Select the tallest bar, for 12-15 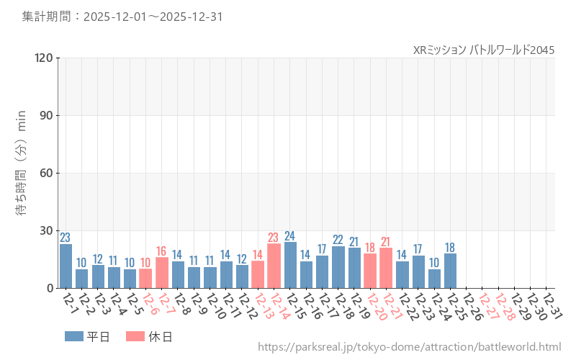coord(290,265)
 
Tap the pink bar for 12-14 coord(274,266)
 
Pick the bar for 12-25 coord(451,271)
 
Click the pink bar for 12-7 coord(162,273)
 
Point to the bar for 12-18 coord(338,267)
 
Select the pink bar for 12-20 coord(370,271)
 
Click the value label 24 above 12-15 coord(290,235)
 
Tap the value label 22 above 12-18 coord(338,240)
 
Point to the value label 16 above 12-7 coord(162,251)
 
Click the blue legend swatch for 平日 coord(73,336)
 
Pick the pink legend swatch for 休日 coord(135,336)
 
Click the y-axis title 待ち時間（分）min coord(22,173)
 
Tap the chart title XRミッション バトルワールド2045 coord(484,50)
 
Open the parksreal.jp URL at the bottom coord(409,348)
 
